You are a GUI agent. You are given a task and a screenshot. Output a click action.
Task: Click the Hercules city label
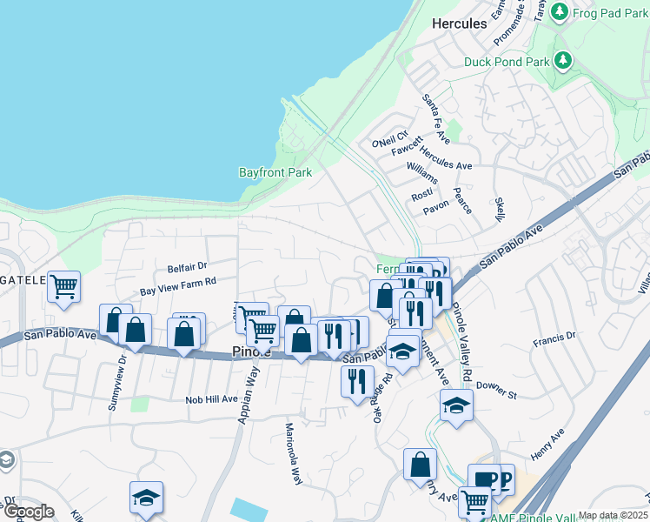point(460,24)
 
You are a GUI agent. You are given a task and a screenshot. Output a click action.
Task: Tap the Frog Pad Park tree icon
point(560,11)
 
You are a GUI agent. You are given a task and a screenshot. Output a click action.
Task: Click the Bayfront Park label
point(275,173)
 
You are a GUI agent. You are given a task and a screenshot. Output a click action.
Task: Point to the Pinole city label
point(253,352)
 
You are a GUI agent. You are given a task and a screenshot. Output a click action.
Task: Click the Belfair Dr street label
point(188,266)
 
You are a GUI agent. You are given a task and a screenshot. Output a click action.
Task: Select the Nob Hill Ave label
point(211,399)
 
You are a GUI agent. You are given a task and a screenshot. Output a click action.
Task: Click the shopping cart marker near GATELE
point(64,286)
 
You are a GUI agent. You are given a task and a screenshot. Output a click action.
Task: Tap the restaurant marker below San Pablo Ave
point(357,381)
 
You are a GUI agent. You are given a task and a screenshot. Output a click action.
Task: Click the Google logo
point(29,512)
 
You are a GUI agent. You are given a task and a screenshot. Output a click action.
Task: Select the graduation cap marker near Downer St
point(456,405)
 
